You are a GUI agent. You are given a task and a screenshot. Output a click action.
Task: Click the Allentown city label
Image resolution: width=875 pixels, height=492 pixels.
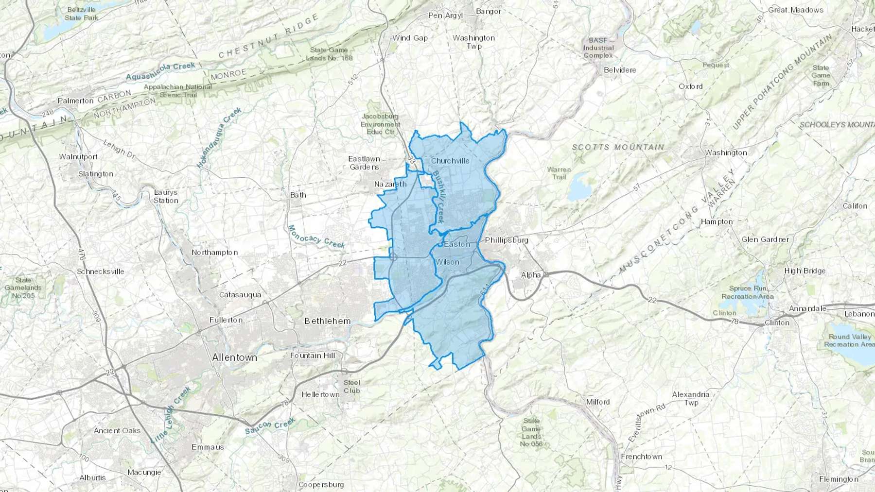tap(234, 357)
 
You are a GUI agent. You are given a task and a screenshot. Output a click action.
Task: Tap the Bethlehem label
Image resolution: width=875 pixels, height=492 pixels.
tap(327, 321)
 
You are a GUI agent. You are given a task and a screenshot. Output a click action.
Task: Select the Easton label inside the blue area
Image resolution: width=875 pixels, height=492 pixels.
tap(457, 244)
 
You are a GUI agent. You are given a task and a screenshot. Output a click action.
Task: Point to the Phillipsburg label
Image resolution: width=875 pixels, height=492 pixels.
tap(507, 240)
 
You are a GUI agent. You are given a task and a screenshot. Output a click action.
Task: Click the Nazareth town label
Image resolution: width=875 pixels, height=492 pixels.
tap(390, 184)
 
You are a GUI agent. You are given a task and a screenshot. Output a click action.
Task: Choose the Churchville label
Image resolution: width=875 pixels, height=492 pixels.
tap(450, 161)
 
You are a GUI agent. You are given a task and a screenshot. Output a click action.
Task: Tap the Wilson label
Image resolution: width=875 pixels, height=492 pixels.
tap(447, 262)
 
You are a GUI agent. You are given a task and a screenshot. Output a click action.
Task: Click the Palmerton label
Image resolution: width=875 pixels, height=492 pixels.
tap(75, 101)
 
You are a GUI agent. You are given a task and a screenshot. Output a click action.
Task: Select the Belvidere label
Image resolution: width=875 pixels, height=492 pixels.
tap(620, 70)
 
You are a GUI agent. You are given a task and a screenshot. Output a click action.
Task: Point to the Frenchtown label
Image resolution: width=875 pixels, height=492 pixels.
tap(642, 457)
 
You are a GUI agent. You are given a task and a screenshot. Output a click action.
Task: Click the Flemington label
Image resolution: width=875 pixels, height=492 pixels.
tap(839, 479)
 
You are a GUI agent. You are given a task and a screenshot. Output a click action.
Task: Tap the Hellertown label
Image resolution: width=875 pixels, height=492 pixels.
tap(320, 394)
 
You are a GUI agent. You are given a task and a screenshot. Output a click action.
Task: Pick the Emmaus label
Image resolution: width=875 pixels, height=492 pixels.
tap(208, 447)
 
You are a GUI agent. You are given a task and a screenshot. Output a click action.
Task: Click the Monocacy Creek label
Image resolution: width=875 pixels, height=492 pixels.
tap(316, 237)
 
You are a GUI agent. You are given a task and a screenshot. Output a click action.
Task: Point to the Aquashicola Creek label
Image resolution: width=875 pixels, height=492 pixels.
tap(160, 71)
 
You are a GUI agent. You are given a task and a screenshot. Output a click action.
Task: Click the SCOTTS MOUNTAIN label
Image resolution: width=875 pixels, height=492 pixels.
tap(618, 147)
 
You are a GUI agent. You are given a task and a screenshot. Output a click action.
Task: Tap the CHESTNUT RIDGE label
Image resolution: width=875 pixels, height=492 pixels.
tap(269, 36)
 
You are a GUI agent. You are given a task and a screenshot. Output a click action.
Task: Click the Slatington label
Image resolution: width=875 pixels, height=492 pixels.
tap(96, 174)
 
